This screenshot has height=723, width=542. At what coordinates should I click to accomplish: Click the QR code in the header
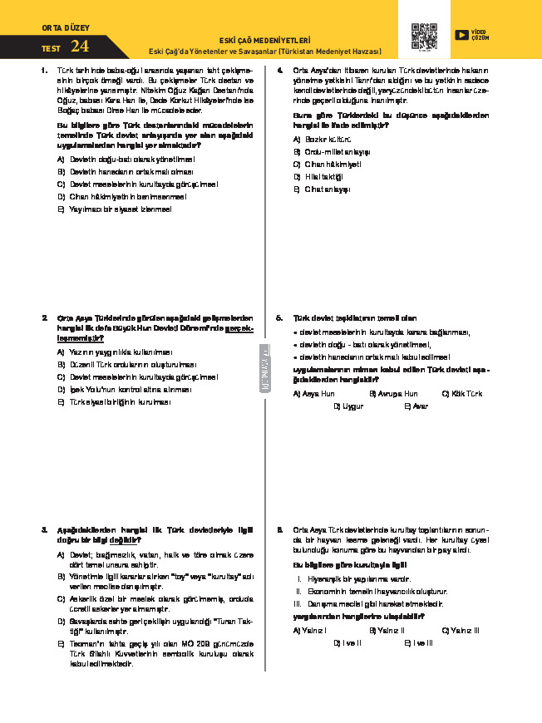point(424,37)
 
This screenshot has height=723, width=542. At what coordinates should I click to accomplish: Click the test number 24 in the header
point(81,47)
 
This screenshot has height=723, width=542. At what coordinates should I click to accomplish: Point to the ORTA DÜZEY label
point(55,27)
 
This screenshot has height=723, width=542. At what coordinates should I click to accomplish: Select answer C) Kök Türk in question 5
point(462,393)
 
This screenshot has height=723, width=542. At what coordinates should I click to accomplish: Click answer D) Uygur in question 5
point(348,406)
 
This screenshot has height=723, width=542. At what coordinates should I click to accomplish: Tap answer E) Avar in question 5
point(416,406)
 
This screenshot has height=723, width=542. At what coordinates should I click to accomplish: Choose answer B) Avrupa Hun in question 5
point(392,393)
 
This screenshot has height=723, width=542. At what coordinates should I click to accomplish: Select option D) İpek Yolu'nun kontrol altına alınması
point(124,389)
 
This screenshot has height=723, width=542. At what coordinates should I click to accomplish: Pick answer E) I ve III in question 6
point(417,642)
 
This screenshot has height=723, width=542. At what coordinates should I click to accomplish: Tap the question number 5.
point(280,317)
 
